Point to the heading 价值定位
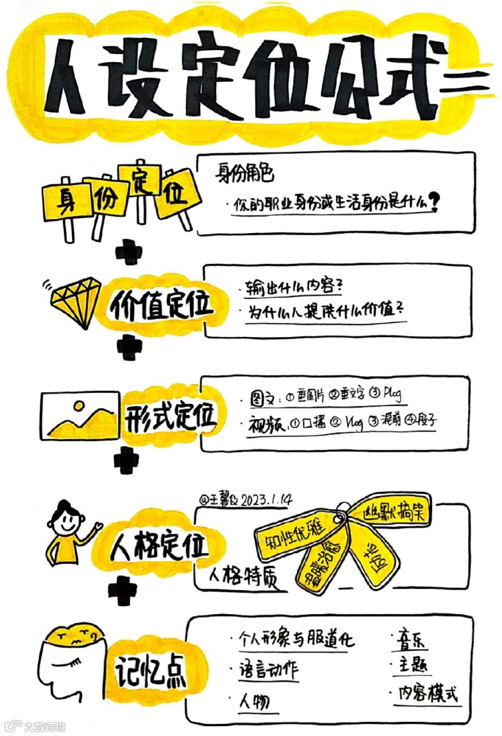[x=162, y=305]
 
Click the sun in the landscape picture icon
[x=79, y=405]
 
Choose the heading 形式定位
[x=169, y=416]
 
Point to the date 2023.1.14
[x=266, y=500]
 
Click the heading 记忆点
[x=151, y=671]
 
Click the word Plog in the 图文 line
[x=392, y=394]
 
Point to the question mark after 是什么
[x=433, y=202]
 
